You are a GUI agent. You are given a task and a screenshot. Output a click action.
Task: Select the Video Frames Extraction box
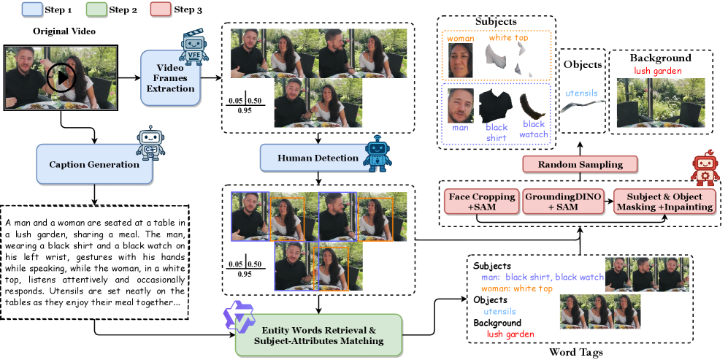coord(170,77)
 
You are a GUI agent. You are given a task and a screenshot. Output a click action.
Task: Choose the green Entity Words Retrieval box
coord(318,334)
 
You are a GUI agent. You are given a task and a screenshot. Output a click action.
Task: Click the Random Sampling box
coord(580,164)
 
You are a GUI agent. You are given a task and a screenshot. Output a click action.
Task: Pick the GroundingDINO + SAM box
coord(563,202)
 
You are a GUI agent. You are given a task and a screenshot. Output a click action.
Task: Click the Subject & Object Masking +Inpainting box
coord(659,202)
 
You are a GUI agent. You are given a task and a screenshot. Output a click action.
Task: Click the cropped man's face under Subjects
coord(460,105)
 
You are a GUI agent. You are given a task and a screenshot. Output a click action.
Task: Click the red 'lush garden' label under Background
coord(658,71)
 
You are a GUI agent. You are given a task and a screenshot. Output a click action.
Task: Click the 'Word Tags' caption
coord(577,353)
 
